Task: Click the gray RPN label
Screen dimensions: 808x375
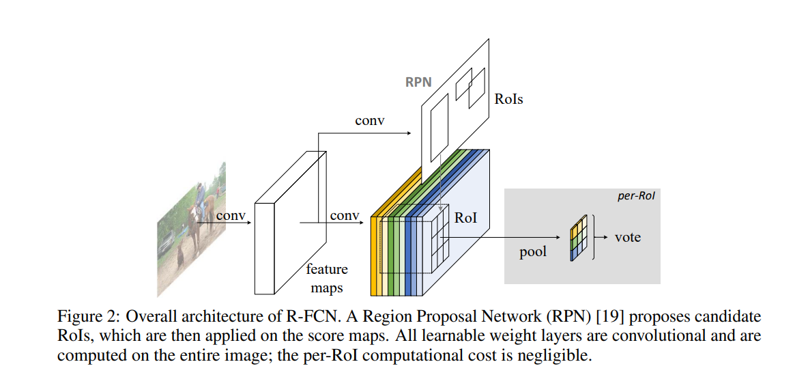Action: click(418, 82)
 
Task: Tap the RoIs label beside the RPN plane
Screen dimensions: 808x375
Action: click(508, 99)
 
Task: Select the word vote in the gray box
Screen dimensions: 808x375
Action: click(628, 238)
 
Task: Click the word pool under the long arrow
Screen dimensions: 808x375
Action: click(533, 253)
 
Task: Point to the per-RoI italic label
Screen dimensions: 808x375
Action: click(636, 197)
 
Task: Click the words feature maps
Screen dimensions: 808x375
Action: click(327, 279)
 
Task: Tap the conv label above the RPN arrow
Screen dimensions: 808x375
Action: click(369, 121)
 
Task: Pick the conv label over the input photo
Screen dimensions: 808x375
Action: click(231, 215)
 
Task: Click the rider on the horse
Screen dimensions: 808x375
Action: click(199, 199)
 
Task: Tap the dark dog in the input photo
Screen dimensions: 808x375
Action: click(180, 256)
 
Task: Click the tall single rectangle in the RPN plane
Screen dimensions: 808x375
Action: click(439, 128)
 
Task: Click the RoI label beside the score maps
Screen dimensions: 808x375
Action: click(466, 218)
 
